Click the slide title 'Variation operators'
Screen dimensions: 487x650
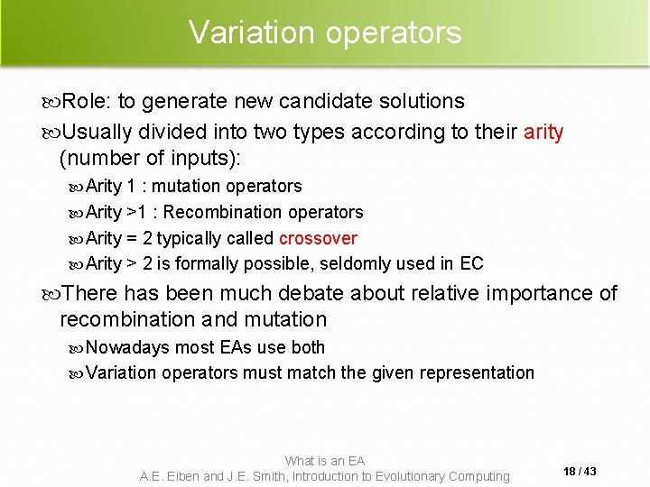[325, 32]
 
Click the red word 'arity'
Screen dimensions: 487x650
[543, 133]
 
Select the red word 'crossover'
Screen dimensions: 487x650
[318, 238]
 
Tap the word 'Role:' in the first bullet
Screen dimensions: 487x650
[88, 101]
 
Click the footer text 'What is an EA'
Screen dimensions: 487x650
[325, 461]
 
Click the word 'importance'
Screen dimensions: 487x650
[536, 293]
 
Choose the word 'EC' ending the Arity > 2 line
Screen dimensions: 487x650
[472, 263]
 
